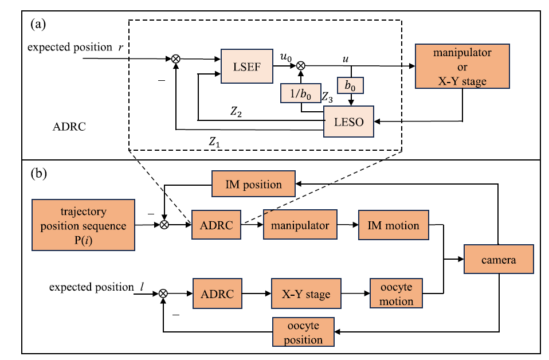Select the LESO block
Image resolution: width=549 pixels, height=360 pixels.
point(348,122)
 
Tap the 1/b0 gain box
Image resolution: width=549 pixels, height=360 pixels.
point(300,94)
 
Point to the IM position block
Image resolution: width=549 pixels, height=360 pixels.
point(253,185)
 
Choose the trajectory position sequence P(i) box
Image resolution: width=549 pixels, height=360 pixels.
point(83,225)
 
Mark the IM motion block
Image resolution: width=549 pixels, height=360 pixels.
point(393,225)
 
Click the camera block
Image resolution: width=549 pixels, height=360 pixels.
point(499,260)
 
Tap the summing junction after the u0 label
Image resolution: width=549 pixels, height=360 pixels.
point(300,67)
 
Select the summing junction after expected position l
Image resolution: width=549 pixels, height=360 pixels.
point(163,294)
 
